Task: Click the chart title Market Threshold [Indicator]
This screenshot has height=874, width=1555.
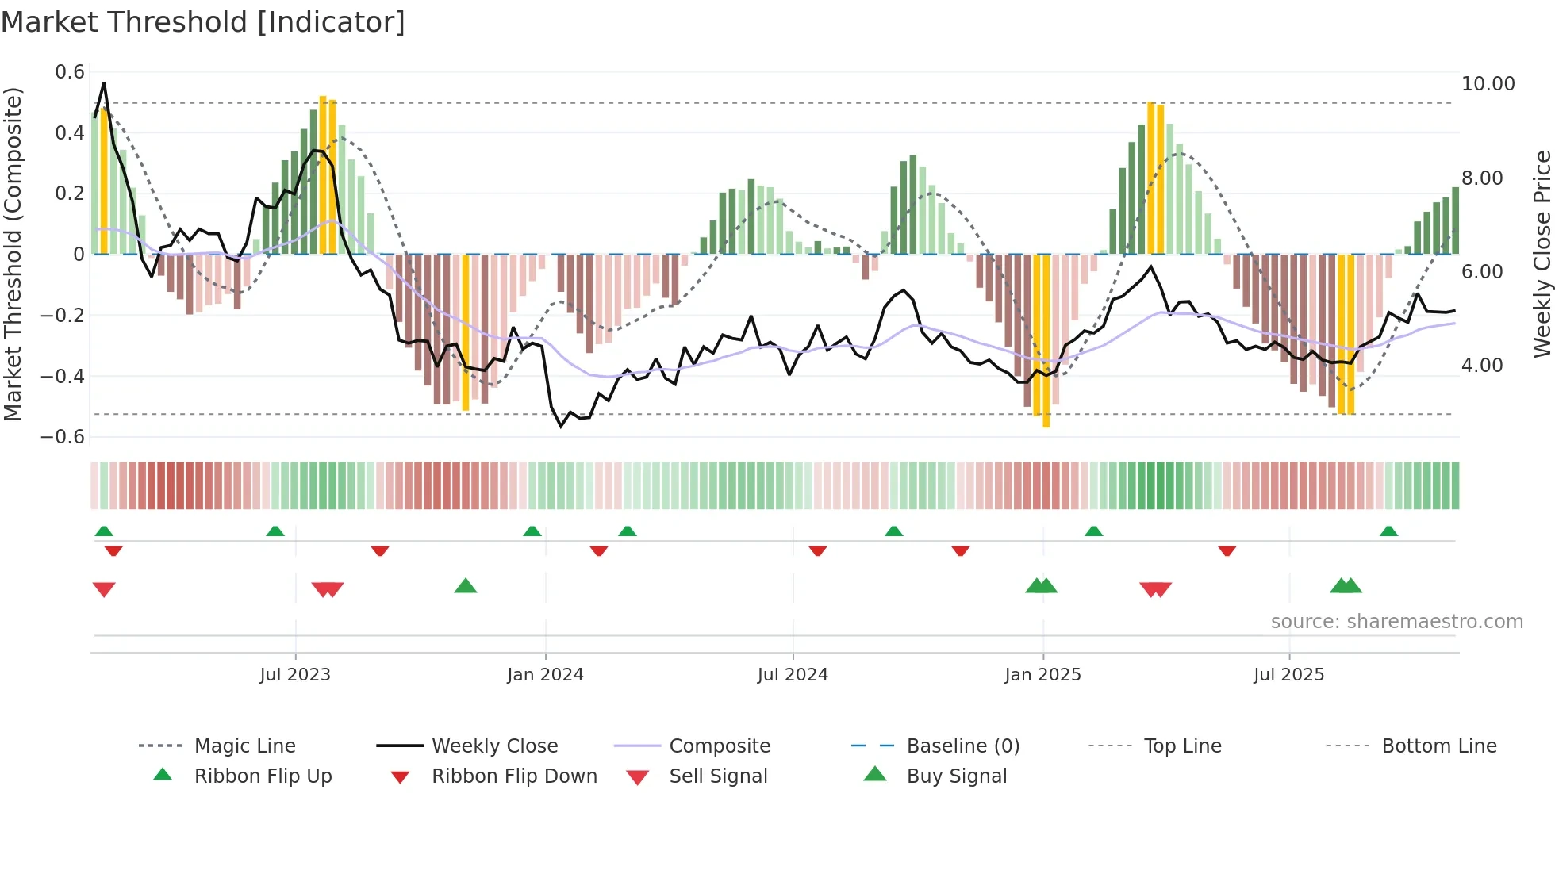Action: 203,22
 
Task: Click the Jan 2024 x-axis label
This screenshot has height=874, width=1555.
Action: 545,674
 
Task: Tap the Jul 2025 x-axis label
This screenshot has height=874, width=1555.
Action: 1288,674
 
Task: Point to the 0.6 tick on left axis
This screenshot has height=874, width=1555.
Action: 70,72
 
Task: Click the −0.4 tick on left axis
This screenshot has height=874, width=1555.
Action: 63,376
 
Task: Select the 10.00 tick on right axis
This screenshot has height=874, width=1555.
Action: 1488,84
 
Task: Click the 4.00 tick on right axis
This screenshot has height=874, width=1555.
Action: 1481,366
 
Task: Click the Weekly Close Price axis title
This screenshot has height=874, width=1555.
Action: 1542,254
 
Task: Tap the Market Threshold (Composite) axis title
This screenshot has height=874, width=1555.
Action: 13,254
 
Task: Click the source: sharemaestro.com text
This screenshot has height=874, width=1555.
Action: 1396,621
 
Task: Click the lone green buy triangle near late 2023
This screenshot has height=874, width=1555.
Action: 466,586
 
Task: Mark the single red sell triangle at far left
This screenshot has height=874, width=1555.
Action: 104,589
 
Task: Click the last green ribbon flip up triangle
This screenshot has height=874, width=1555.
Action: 1388,531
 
